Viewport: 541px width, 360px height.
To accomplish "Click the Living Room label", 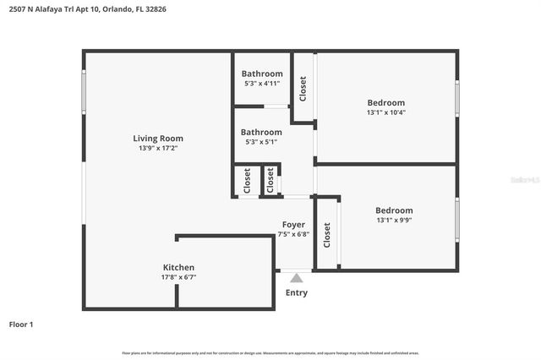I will (x=158, y=139).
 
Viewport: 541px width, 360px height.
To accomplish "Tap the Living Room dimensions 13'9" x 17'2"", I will (x=158, y=148).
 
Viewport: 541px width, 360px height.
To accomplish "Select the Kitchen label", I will (x=178, y=267).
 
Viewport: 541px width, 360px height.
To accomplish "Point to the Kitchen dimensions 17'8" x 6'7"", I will (x=178, y=276).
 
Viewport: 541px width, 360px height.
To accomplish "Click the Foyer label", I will (x=293, y=225).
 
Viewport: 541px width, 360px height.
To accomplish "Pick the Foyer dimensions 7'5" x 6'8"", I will (x=293, y=234).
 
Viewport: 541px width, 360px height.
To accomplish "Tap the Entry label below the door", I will (x=297, y=293).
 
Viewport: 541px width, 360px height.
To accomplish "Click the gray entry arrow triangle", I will (x=296, y=276).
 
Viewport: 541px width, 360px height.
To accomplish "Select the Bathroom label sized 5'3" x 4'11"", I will (x=262, y=74).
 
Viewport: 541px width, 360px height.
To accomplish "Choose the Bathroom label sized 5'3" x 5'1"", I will (x=261, y=132).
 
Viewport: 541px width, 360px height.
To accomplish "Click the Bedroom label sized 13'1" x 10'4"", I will (x=385, y=102).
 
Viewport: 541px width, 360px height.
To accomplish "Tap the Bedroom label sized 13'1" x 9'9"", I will (x=394, y=210).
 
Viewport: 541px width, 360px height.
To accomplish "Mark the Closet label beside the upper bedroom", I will (x=303, y=89).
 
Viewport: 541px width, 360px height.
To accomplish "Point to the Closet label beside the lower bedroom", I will (x=327, y=235).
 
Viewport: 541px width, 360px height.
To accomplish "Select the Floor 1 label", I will (x=21, y=324).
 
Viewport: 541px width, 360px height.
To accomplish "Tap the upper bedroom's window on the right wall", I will (x=457, y=98).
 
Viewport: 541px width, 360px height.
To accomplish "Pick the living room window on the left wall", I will (x=84, y=90).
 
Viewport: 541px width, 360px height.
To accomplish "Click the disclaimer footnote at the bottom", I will (x=270, y=352).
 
